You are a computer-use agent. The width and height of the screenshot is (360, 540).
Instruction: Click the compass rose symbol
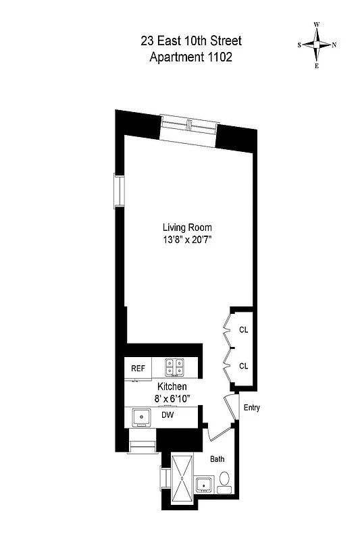(x=316, y=45)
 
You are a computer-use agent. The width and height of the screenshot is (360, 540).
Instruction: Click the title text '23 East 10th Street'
(x=190, y=42)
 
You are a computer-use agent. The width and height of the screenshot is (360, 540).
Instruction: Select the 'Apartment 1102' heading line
(x=190, y=57)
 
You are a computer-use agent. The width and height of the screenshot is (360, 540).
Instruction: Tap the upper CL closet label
(x=243, y=330)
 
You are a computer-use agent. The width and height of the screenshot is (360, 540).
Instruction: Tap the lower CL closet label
(x=243, y=366)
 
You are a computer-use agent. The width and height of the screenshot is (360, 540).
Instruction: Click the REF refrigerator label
(x=138, y=369)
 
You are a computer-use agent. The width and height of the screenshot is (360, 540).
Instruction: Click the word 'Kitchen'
(x=172, y=387)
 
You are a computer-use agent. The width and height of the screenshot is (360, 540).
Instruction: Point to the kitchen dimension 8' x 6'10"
(x=172, y=399)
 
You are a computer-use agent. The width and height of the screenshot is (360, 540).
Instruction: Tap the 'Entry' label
(x=251, y=408)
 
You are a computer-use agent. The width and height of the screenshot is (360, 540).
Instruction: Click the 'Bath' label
(x=217, y=458)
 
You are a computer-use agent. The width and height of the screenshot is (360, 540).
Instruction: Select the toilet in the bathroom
(x=226, y=481)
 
